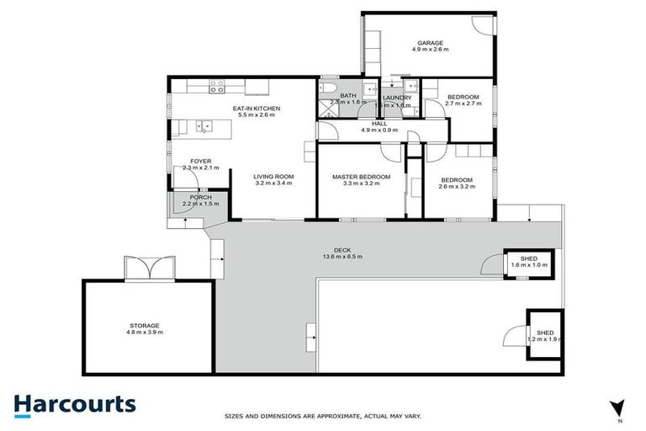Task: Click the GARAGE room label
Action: click(430, 43)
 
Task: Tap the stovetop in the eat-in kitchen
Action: click(217, 85)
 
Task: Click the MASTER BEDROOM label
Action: click(361, 177)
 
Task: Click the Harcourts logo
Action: click(74, 403)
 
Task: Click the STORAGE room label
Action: click(144, 325)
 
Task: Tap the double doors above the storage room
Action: click(149, 269)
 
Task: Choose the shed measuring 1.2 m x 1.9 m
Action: click(543, 335)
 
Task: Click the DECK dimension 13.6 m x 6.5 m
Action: click(342, 257)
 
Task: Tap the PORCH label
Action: click(199, 197)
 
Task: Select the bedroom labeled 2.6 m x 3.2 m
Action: click(457, 182)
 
